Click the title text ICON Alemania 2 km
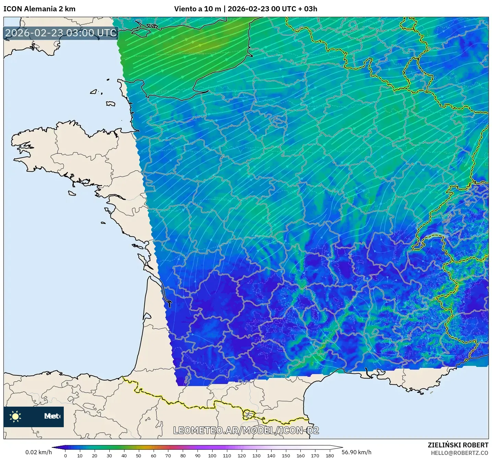[39, 9]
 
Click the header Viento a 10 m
[197, 9]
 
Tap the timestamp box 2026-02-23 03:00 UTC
[61, 33]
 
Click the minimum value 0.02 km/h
[38, 452]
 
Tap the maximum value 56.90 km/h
[357, 452]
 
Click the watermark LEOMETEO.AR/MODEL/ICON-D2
[246, 431]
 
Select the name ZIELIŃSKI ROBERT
[458, 445]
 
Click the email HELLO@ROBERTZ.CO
[459, 453]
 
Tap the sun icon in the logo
[15, 417]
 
